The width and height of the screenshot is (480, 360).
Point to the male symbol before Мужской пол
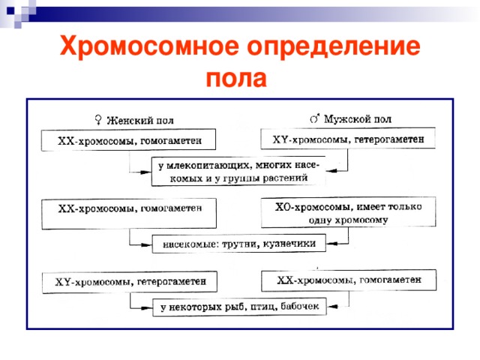[x=316, y=117]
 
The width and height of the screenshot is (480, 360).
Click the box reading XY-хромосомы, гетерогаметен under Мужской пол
[x=347, y=139]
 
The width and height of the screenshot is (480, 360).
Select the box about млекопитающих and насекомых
[x=238, y=171]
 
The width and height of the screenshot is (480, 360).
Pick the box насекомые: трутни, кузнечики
[x=239, y=243]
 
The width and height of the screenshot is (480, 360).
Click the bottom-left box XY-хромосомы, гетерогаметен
[x=129, y=282]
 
